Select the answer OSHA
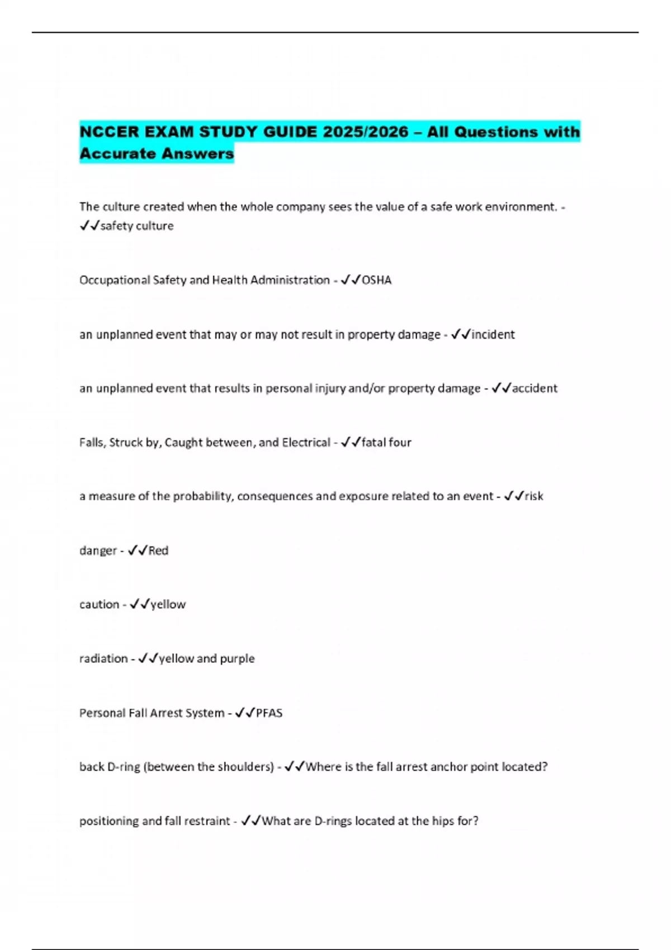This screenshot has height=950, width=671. tap(376, 280)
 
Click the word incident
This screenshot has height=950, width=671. tap(493, 335)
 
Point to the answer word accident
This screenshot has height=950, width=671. tap(535, 388)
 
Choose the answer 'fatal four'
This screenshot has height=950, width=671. tap(386, 443)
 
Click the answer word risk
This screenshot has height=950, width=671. tap(534, 496)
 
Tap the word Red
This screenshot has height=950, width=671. tap(158, 550)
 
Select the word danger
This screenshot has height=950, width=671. tap(98, 551)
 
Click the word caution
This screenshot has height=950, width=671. tap(99, 605)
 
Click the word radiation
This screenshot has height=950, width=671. tap(103, 659)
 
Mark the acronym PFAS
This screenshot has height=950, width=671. tap(269, 713)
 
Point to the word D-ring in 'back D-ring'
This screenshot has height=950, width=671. tap(123, 767)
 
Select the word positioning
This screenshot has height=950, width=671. tap(109, 821)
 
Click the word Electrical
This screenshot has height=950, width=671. tap(306, 443)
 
